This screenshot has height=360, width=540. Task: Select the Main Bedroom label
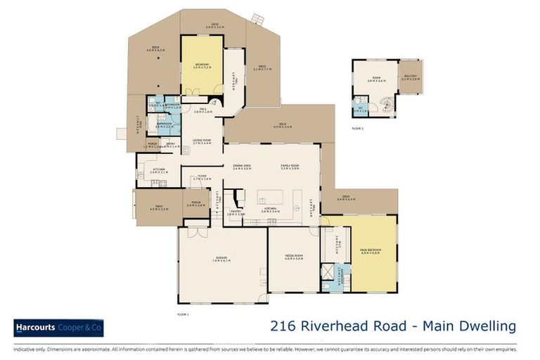click(370, 250)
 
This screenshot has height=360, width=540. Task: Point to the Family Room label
click(290, 167)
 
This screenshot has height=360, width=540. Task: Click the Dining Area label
click(242, 167)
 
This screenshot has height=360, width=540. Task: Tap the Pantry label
click(236, 212)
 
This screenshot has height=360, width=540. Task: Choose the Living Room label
click(202, 141)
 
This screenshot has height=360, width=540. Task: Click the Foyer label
click(201, 178)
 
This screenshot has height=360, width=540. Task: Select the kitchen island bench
click(270, 196)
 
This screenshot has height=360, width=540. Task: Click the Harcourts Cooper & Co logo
click(58, 328)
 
